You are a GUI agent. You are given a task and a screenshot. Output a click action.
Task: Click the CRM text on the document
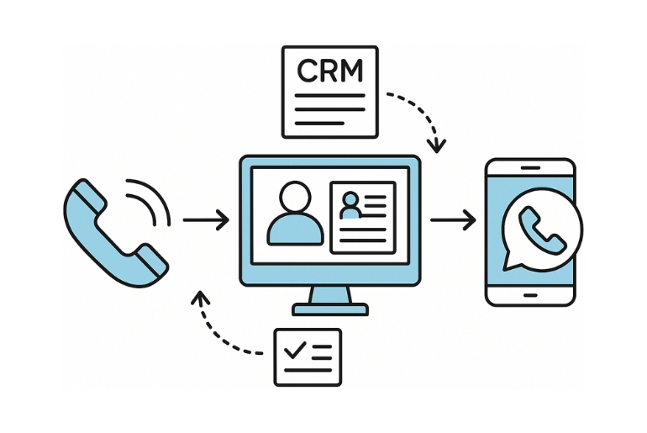[330, 71]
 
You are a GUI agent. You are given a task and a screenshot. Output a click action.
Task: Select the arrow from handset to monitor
[206, 221]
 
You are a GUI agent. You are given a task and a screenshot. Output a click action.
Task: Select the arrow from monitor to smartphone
[453, 220]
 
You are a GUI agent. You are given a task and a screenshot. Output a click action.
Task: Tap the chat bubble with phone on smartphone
[540, 230]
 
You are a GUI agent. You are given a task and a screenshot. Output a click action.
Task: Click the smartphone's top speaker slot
[531, 168]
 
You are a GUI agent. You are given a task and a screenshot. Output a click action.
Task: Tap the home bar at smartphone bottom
[530, 295]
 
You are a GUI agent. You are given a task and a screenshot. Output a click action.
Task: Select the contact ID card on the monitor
[363, 216]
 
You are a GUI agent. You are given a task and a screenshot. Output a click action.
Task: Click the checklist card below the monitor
[308, 356]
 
